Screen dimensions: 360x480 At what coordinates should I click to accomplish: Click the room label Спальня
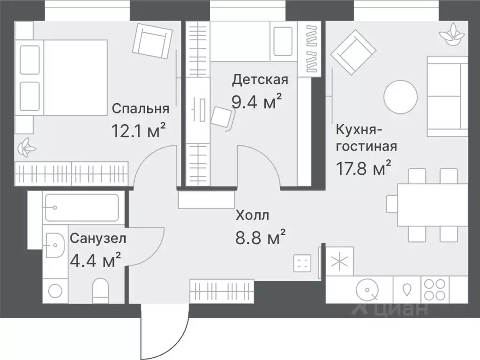[140, 109]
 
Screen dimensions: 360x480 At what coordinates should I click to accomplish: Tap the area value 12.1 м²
[139, 130]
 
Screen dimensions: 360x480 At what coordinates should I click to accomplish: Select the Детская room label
[260, 79]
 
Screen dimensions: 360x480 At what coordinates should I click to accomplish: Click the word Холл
[252, 216]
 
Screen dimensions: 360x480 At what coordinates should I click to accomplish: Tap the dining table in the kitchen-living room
[432, 205]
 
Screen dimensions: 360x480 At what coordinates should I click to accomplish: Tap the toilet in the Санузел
[101, 291]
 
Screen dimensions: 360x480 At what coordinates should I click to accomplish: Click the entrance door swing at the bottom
[164, 333]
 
